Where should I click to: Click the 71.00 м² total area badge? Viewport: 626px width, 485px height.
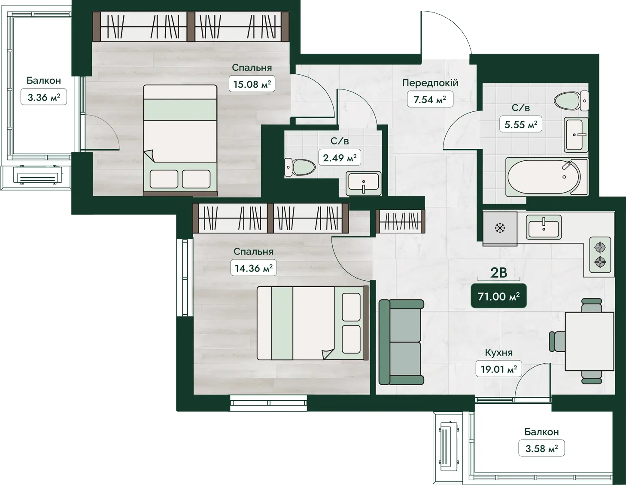498,296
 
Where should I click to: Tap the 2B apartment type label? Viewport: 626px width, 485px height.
498,273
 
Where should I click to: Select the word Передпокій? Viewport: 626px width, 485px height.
430,83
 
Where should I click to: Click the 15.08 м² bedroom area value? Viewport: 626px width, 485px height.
252,84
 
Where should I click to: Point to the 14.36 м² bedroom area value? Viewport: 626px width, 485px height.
253,268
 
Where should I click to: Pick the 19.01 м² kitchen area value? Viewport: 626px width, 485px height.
498,369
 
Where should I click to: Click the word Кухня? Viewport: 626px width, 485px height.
498,353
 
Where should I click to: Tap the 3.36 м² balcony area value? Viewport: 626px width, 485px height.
44,97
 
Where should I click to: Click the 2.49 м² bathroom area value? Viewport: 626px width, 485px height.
340,157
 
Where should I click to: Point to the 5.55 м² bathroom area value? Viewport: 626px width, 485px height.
521,124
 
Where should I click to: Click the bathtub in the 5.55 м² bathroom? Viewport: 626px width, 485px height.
547,176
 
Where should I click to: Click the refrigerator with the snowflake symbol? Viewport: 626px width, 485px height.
500,228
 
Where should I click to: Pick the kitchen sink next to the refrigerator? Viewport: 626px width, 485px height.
544,227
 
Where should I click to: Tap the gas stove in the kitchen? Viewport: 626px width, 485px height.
600,255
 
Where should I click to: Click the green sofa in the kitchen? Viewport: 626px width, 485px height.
401,342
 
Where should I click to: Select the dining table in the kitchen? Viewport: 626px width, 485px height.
590,341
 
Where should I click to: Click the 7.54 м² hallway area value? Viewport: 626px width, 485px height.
430,99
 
